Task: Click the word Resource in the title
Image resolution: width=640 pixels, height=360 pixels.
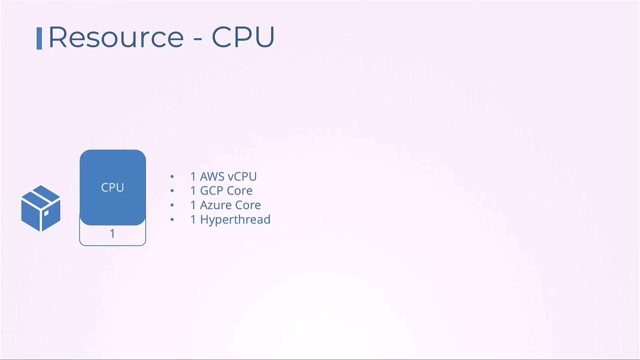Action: coord(116,37)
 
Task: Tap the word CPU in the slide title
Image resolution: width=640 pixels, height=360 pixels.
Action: coord(243,37)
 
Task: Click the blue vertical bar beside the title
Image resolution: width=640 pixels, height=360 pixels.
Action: coord(39,38)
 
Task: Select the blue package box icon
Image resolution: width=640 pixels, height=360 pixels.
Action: coord(41,208)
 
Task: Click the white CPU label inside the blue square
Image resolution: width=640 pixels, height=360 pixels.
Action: coord(112,187)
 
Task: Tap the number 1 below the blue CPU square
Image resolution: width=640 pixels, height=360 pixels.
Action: coord(112,233)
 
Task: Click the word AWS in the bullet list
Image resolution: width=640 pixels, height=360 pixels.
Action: coord(212,176)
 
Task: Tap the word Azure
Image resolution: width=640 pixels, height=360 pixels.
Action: coord(215,205)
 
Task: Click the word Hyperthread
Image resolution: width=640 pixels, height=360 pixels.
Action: coord(235,219)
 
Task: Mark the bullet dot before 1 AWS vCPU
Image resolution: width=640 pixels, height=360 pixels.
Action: coord(172,176)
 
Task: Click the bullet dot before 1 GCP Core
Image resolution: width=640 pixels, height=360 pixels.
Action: coord(172,190)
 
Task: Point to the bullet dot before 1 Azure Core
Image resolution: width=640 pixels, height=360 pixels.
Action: coord(172,205)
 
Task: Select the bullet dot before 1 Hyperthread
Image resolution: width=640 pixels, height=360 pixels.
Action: coord(172,219)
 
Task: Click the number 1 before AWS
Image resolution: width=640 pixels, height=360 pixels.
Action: coord(193,176)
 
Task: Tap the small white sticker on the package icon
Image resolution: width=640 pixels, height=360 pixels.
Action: coord(46,213)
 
